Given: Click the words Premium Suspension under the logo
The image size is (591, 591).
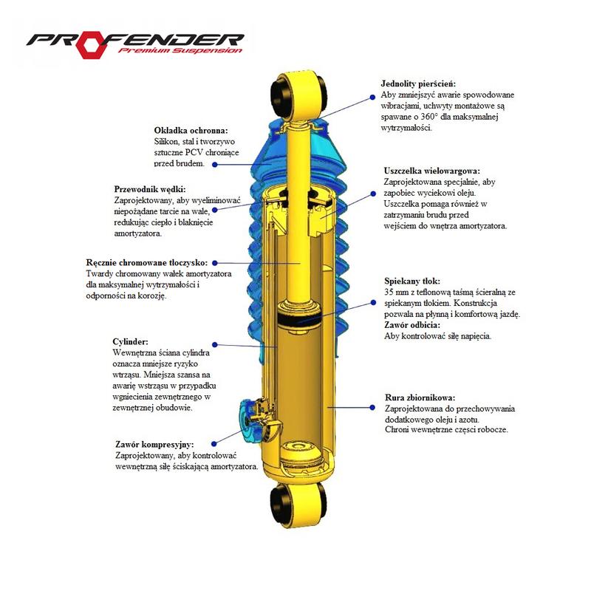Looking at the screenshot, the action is [x=180, y=50].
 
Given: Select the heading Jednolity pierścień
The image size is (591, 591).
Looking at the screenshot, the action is [x=418, y=83].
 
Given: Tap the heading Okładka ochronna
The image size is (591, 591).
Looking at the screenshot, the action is [x=191, y=131].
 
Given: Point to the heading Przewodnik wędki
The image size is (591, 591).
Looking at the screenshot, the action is [x=150, y=189].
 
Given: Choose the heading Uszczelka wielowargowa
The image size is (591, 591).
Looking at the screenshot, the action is [x=432, y=171].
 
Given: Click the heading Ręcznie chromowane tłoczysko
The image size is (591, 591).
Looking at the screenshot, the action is [x=146, y=262].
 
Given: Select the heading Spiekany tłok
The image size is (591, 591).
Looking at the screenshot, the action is [x=412, y=281].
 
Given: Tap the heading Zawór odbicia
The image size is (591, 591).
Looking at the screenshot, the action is [x=412, y=325].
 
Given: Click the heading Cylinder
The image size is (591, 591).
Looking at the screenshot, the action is [x=131, y=342].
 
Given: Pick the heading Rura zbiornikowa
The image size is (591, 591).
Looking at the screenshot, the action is [x=420, y=397].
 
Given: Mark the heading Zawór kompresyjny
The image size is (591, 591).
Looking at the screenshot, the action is [x=154, y=445].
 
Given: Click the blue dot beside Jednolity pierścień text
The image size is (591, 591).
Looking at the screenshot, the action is [x=372, y=97].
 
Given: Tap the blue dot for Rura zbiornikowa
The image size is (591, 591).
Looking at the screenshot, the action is [x=372, y=408].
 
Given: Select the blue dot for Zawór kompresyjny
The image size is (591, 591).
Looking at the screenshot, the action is [x=214, y=444].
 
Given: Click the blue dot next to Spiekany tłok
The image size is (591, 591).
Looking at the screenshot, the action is [x=373, y=302].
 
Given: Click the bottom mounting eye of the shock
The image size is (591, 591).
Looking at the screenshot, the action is [x=298, y=504].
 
